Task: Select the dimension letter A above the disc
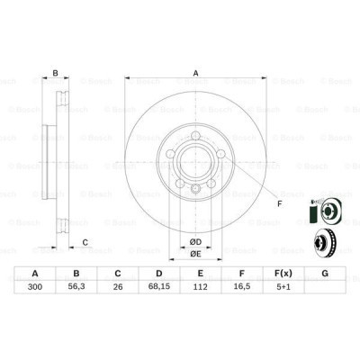point(194,76)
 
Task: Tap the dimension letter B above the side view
point(55,75)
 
